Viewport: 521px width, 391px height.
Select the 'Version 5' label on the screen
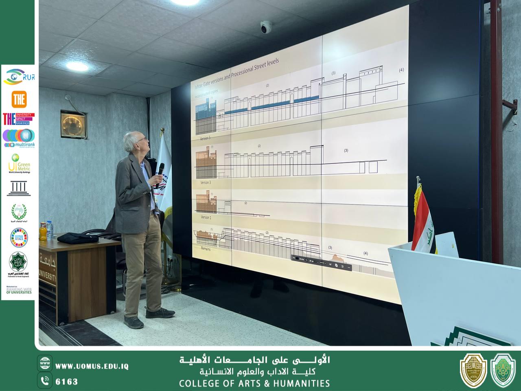206,138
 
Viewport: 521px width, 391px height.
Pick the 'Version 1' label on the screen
206,217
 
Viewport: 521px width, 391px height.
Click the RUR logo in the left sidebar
18,76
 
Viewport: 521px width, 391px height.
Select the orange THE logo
19,99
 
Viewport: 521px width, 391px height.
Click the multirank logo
18,138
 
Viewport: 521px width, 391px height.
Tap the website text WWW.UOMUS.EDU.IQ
92,367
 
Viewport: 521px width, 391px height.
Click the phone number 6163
66,382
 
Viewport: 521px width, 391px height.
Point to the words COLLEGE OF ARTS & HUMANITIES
254,383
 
